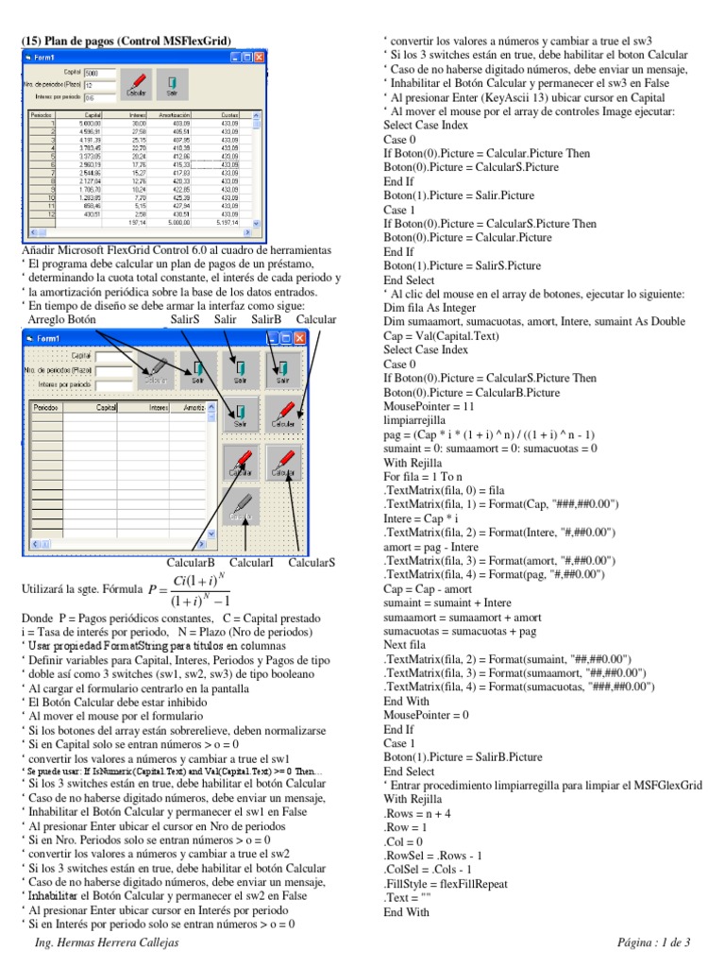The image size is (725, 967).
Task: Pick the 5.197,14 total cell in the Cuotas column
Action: coord(228,223)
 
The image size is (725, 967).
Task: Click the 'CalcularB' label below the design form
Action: coord(191,563)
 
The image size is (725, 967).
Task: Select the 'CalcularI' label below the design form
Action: coord(251,563)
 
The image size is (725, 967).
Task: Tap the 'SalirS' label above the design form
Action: coord(185,319)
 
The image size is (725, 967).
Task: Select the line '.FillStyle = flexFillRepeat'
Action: coord(446,885)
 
